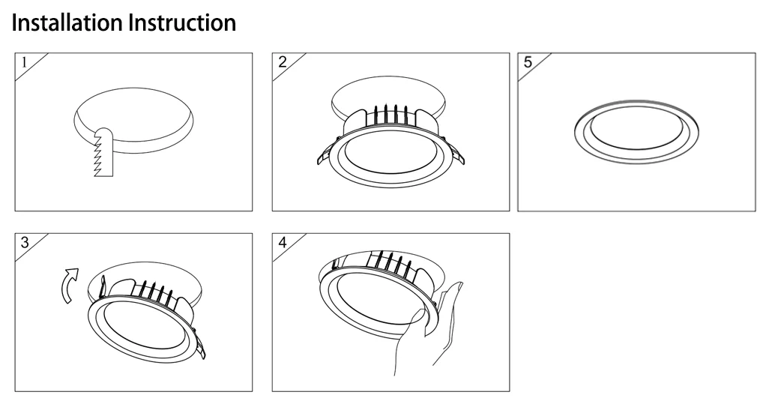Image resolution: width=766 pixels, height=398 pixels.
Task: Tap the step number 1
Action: pyautogui.click(x=24, y=62)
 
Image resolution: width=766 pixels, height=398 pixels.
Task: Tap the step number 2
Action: pyautogui.click(x=282, y=62)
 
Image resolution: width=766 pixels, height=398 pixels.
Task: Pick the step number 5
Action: pyautogui.click(x=528, y=62)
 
